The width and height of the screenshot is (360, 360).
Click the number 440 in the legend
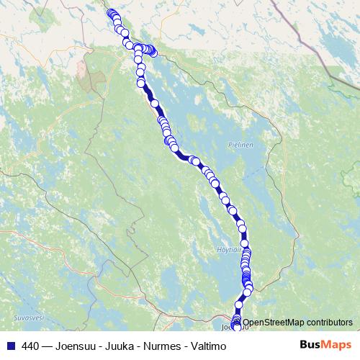click(x=31, y=346)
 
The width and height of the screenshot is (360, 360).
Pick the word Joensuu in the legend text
click(x=78, y=346)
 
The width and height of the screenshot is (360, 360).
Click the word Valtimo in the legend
click(x=209, y=346)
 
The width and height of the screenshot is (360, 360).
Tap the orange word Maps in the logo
click(x=336, y=345)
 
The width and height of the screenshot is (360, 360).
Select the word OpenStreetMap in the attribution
click(x=274, y=322)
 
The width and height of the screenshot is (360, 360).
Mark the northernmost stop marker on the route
click(x=110, y=12)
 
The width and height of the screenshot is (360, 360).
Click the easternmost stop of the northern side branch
click(x=153, y=53)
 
